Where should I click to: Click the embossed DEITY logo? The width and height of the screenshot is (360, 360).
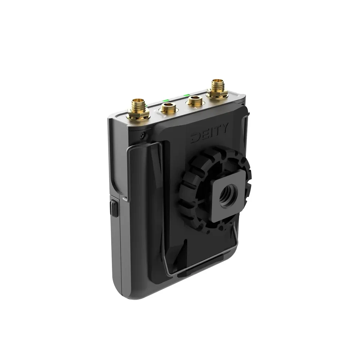pos(209,133)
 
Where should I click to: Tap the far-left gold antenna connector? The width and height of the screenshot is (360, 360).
pos(139,108)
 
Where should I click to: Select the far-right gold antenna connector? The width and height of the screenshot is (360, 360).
pos(217,87)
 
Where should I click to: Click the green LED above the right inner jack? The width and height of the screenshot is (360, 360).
pos(187,95)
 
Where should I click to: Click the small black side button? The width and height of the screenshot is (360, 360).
pos(114,208)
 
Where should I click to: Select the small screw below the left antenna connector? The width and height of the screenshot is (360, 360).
pos(143,135)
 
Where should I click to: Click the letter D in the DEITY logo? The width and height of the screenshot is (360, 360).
pos(196,138)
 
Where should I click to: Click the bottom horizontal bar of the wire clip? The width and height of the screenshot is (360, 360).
pos(202,265)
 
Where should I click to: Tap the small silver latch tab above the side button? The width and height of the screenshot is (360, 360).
pos(125,198)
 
